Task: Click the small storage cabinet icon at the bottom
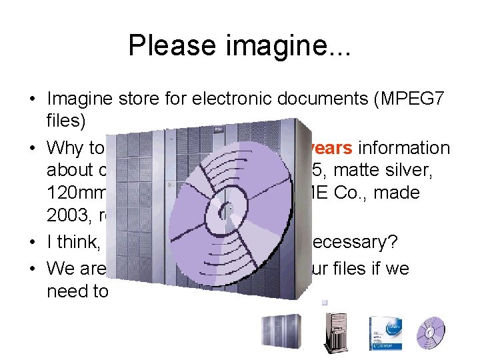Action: [x=275, y=331]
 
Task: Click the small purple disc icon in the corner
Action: [x=430, y=330]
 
